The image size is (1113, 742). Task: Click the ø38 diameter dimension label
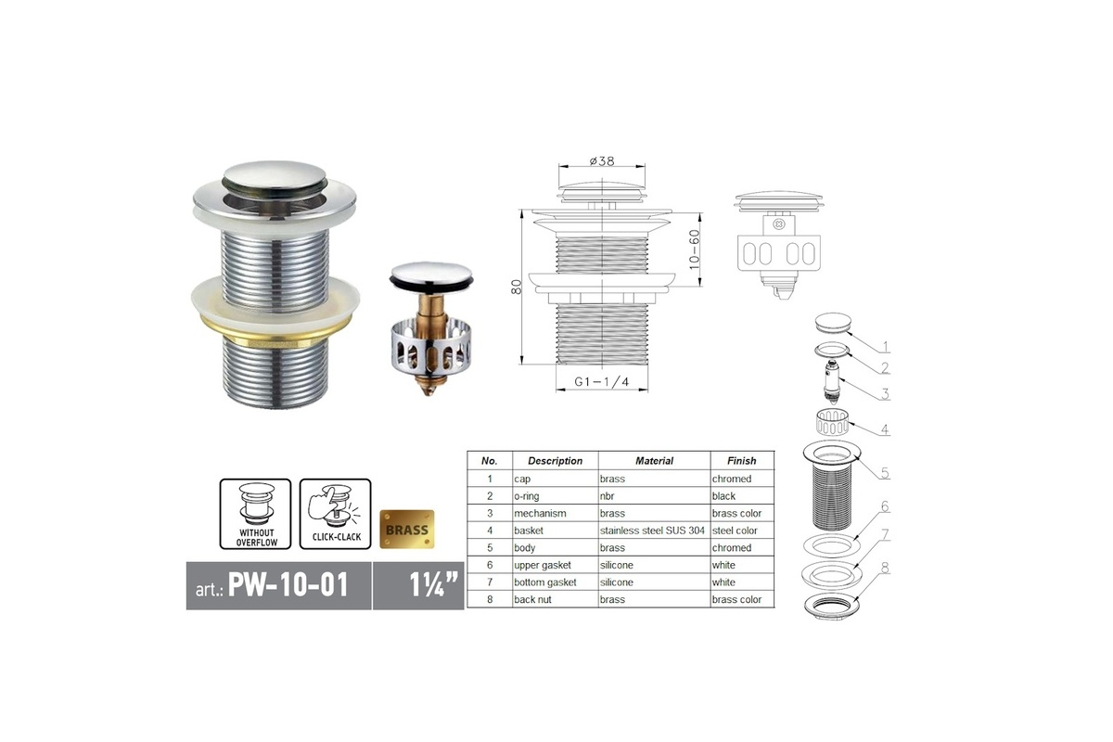[x=602, y=161]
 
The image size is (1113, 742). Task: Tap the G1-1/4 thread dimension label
[x=602, y=382]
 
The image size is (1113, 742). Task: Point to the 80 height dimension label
[x=517, y=287]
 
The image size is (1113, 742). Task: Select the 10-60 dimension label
[x=694, y=249]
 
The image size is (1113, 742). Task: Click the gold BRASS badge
[x=407, y=530]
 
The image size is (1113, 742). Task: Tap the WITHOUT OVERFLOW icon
[x=255, y=514]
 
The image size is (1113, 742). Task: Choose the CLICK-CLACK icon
[x=336, y=514]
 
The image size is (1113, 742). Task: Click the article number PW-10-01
[x=288, y=584]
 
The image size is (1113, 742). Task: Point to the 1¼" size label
[x=433, y=584]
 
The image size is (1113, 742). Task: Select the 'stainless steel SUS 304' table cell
[x=652, y=531]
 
